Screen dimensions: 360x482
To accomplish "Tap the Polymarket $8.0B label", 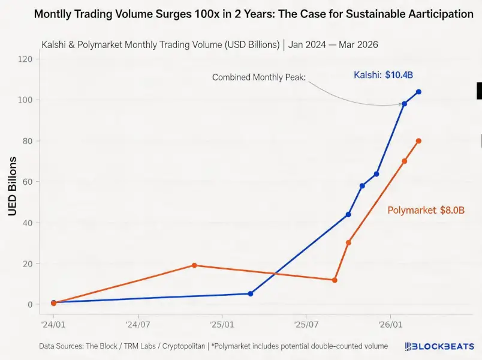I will (426, 211).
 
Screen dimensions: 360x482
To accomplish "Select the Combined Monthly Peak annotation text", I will (258, 77).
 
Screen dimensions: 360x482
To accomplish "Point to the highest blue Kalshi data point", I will (418, 92).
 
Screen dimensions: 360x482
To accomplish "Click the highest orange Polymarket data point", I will (418, 141).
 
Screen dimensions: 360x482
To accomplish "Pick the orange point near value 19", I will (194, 265).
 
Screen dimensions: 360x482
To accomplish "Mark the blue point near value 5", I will (251, 293).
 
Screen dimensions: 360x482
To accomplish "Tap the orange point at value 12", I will (335, 280).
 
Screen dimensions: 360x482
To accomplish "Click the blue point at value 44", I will (348, 214).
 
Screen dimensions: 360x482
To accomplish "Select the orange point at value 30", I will (348, 242).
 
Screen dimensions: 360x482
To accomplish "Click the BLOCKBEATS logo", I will (439, 346).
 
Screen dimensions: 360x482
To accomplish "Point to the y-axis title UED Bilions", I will (11, 185).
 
